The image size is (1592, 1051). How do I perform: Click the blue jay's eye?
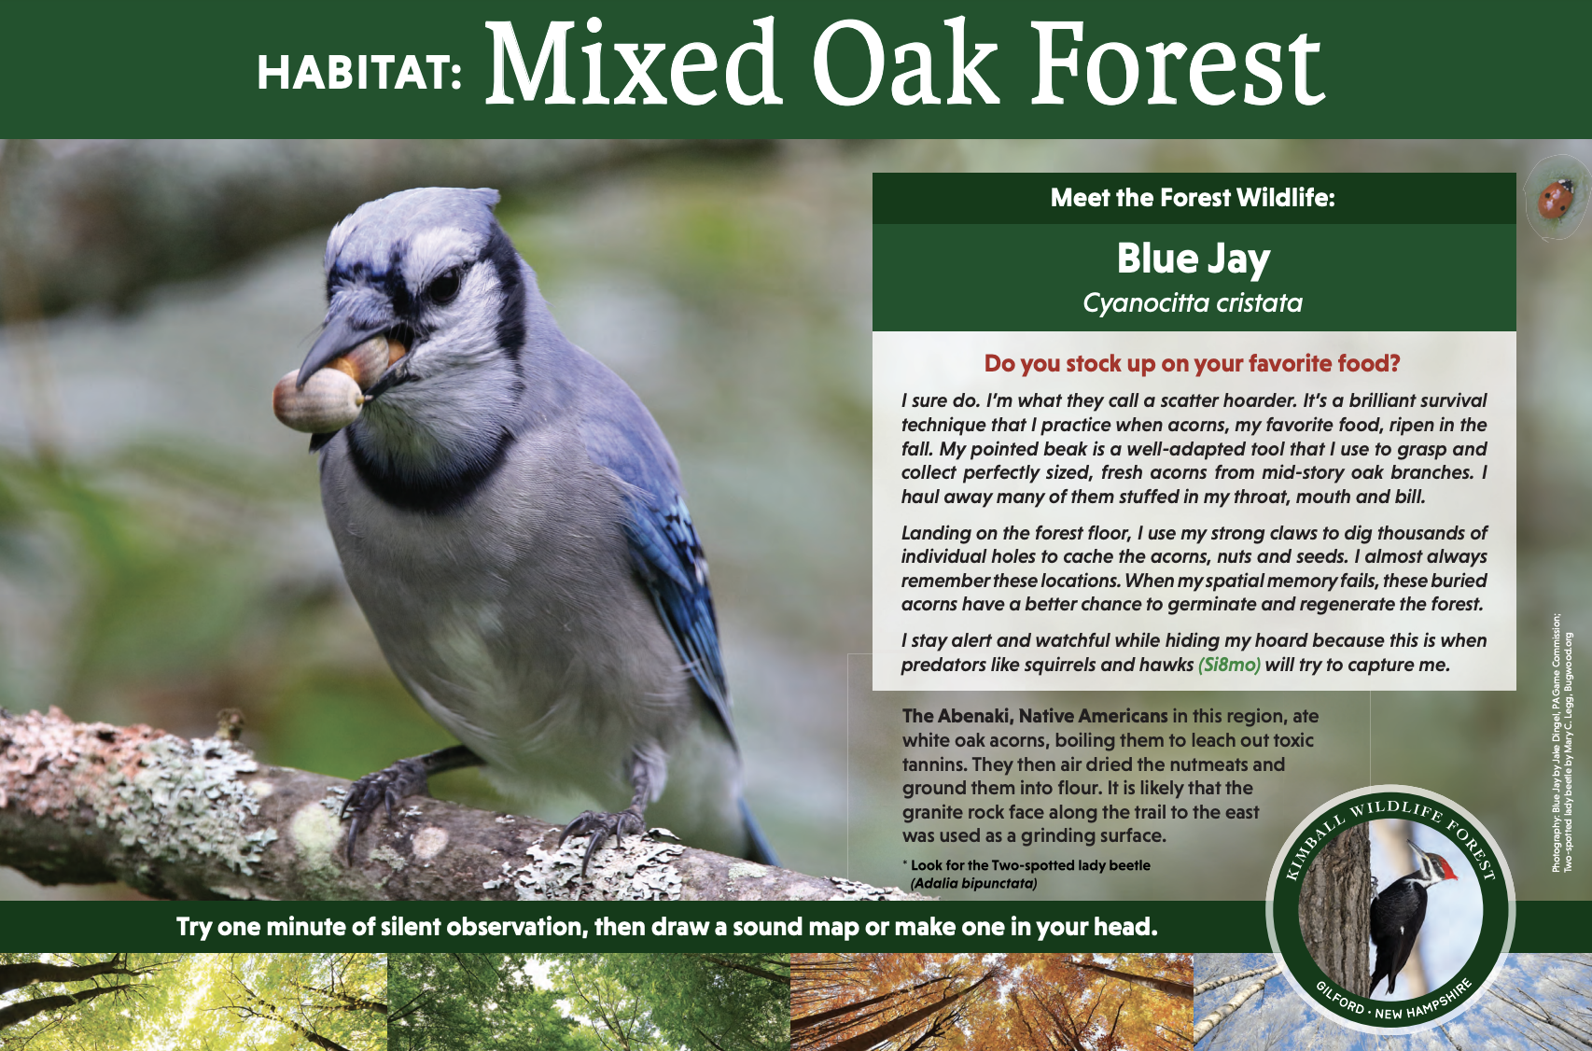click(446, 285)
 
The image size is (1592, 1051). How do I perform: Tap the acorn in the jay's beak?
click(319, 400)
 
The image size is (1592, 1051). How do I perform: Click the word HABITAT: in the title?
click(359, 72)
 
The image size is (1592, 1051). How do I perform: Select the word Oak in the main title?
click(905, 63)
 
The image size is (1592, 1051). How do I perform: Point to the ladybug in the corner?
click(1556, 199)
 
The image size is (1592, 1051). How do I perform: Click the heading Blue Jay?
click(1194, 259)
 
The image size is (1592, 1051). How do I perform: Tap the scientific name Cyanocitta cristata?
click(1193, 303)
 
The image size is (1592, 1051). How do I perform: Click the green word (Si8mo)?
click(1229, 665)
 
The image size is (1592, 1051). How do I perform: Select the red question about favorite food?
click(1192, 363)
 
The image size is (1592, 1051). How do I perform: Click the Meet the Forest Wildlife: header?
click(1193, 198)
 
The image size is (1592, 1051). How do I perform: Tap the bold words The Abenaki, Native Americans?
click(1035, 716)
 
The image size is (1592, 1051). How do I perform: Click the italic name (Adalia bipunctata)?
click(973, 884)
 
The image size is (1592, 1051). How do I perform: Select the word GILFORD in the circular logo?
click(1340, 997)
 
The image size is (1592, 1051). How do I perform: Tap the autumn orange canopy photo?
click(991, 1002)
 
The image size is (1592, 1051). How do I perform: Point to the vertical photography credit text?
click(1561, 743)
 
